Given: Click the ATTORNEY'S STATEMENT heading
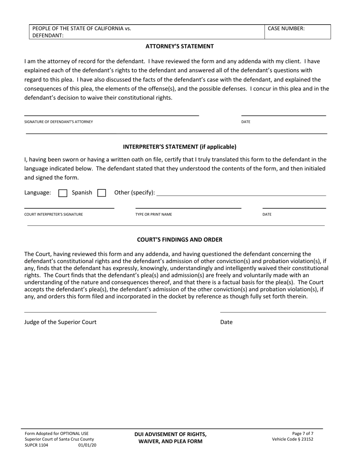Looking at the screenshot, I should (180, 47).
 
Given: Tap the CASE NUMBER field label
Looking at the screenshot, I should (286, 28).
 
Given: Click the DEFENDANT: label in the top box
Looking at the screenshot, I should (48, 36).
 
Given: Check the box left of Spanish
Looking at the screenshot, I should (63, 193).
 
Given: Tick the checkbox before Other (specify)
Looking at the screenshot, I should (102, 193).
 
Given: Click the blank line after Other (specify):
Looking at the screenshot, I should (241, 193).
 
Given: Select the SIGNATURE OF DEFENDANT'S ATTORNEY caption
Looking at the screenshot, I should (58, 122).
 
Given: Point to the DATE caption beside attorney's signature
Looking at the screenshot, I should (246, 122).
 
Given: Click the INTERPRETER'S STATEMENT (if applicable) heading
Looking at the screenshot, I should (180, 147).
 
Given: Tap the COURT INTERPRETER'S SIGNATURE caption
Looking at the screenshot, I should (53, 214).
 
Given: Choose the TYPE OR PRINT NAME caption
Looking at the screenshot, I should (153, 214).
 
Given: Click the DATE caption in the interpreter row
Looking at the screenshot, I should (267, 214).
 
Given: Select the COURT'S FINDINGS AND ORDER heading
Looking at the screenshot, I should (180, 240).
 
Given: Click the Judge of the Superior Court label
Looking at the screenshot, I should (60, 322).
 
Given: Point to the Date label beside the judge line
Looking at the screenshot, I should (226, 322).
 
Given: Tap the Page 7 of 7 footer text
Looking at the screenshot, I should (303, 433).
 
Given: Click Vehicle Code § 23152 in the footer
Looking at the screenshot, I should (293, 439).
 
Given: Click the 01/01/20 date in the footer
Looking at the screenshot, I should (87, 445).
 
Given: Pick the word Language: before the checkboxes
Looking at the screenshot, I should (38, 192).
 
